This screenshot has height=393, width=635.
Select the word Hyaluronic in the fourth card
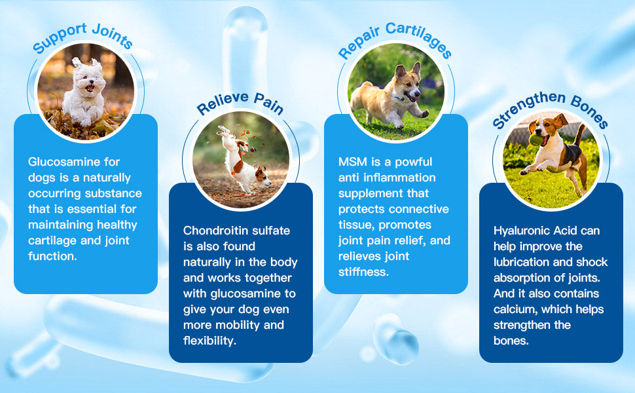click(522, 231)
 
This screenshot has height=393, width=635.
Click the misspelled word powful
click(414, 162)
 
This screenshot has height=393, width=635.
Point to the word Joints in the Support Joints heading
click(113, 35)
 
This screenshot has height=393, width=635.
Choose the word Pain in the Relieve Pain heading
click(268, 103)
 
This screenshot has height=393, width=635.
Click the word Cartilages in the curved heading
click(419, 40)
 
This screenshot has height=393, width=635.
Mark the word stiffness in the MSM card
click(363, 272)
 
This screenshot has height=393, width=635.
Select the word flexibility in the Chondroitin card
click(209, 341)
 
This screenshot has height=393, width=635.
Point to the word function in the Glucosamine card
click(52, 256)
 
